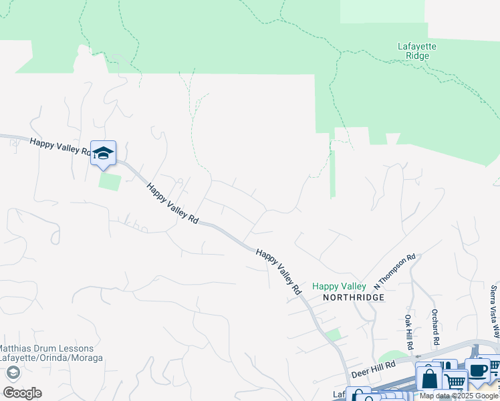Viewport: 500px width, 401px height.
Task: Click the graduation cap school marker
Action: (103, 152)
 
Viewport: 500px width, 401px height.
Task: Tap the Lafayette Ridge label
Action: (417, 51)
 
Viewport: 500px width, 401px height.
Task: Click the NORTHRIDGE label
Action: (354, 297)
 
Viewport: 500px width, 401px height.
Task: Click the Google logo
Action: (22, 392)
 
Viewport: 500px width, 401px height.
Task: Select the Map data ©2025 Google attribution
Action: (459, 396)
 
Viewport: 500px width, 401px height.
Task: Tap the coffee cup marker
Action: (479, 371)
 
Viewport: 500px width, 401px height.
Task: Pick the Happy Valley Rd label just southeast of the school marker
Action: (172, 204)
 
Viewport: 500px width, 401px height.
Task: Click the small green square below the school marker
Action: (110, 181)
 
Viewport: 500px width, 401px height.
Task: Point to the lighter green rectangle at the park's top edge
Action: (382, 11)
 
